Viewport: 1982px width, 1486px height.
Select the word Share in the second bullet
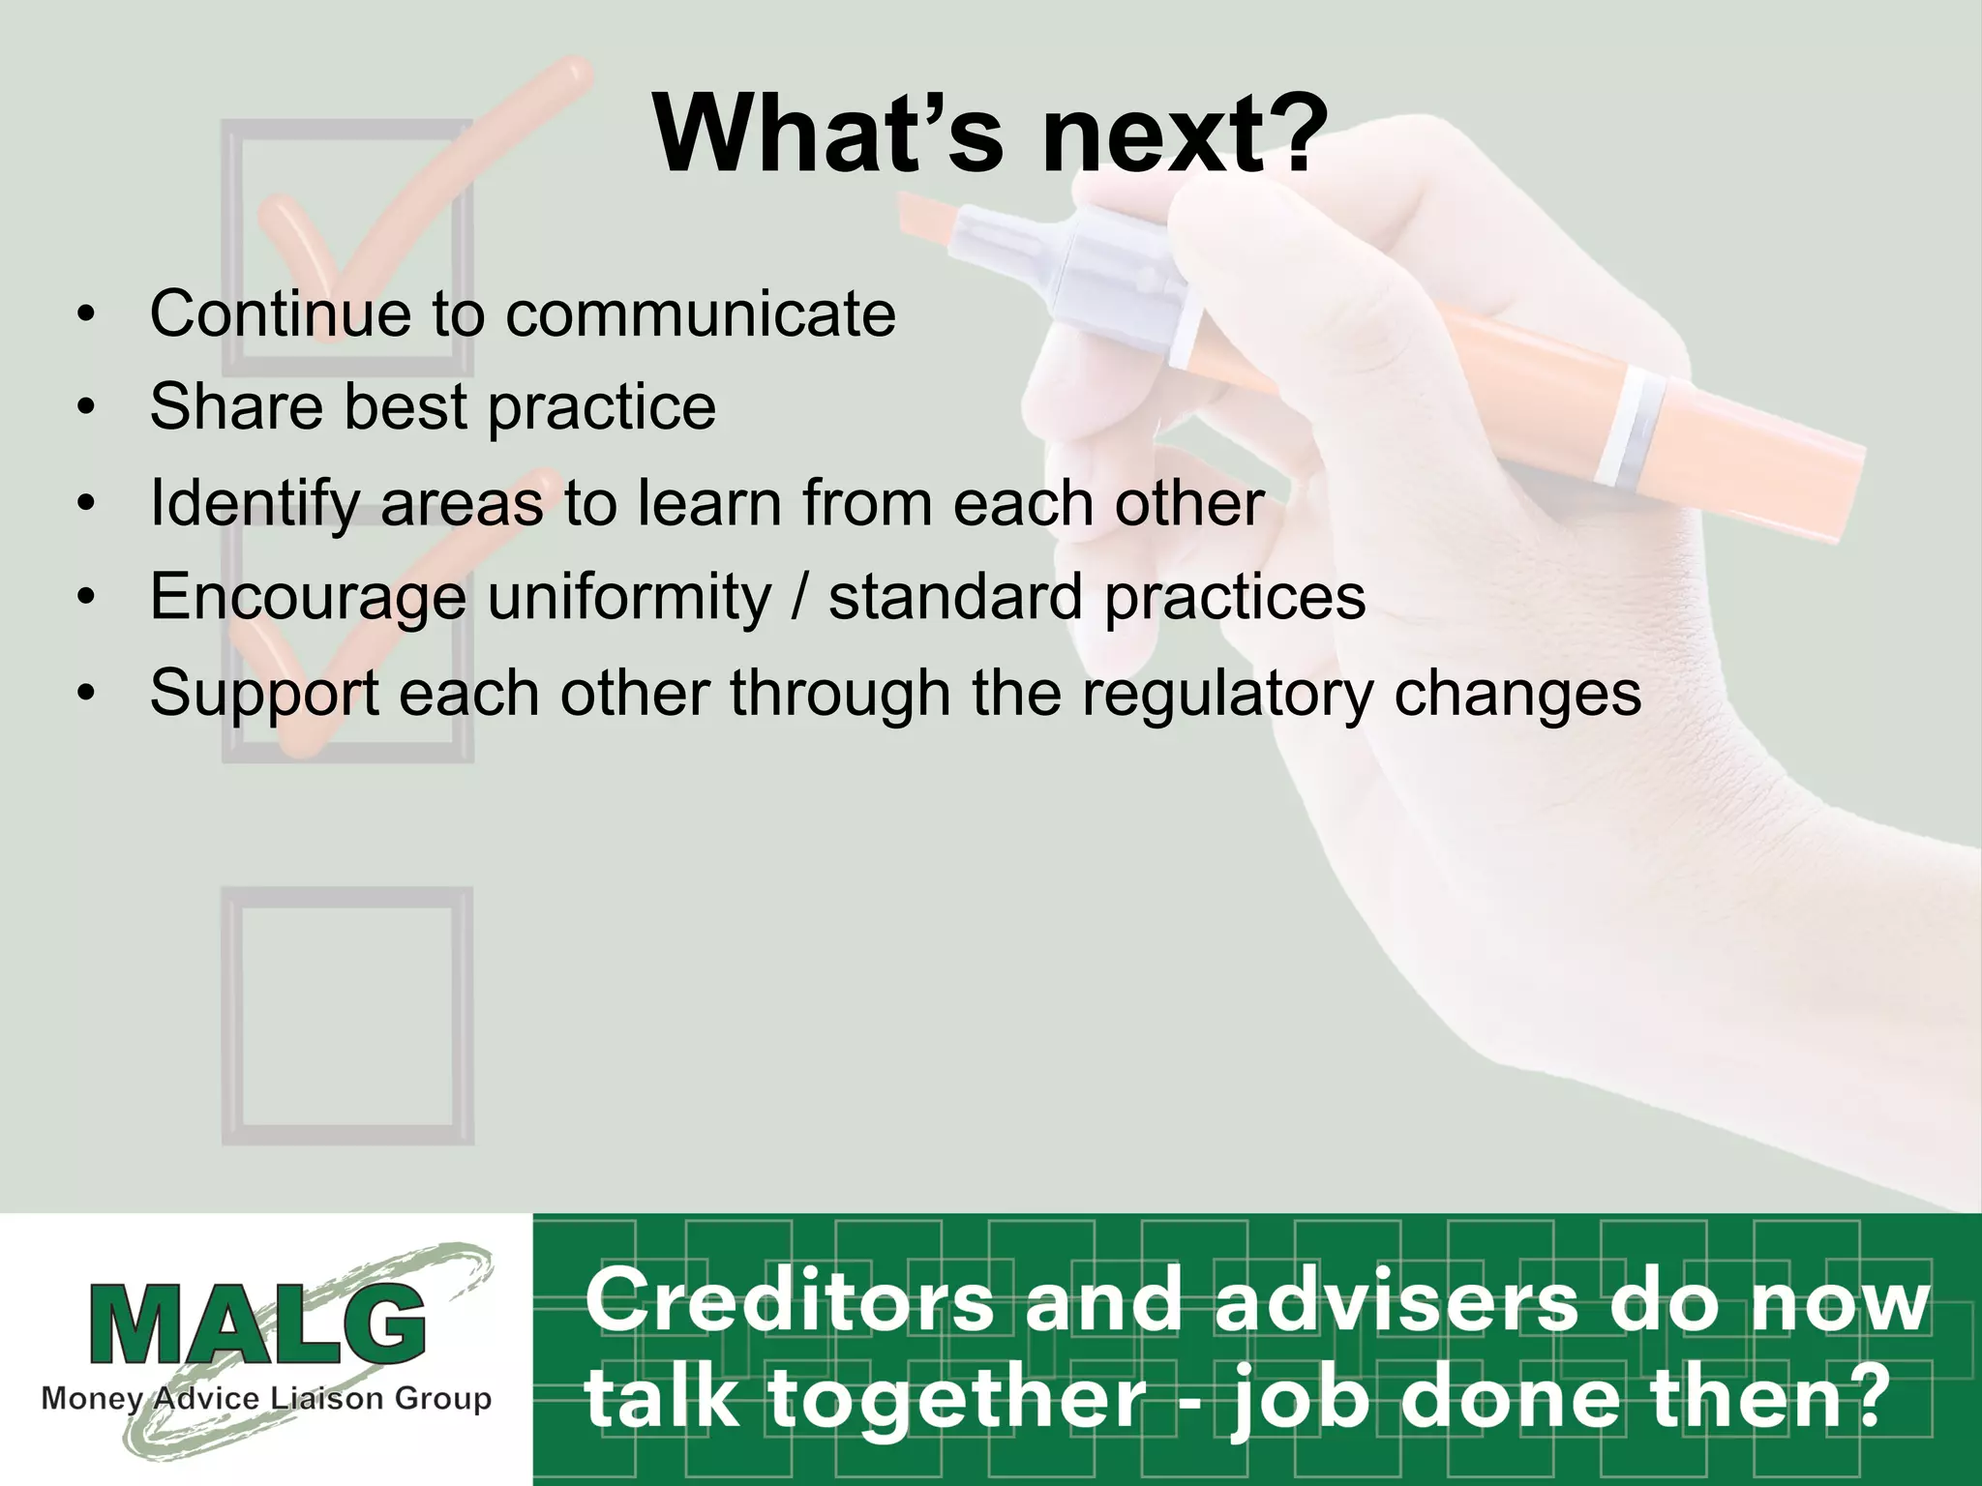pos(235,406)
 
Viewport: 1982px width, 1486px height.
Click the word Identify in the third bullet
pos(253,504)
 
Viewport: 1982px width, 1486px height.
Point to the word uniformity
pos(628,597)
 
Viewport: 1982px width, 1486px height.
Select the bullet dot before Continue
pos(87,315)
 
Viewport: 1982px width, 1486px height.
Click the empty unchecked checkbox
pos(347,1016)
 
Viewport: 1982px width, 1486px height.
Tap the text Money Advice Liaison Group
pos(266,1399)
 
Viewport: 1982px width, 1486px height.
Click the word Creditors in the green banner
pos(790,1300)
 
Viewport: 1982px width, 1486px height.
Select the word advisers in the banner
pos(1396,1300)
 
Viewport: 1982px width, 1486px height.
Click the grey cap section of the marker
pos(1113,276)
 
